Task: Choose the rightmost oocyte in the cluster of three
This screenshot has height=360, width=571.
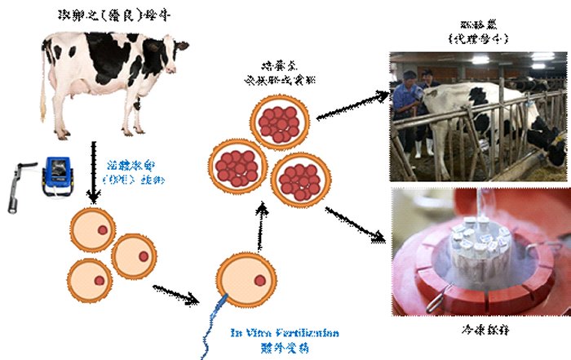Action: [x=134, y=256]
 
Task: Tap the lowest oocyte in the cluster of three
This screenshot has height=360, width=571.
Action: [x=89, y=280]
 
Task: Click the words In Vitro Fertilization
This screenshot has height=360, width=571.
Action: [x=283, y=333]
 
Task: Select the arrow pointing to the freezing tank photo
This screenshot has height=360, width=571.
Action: [x=355, y=224]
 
